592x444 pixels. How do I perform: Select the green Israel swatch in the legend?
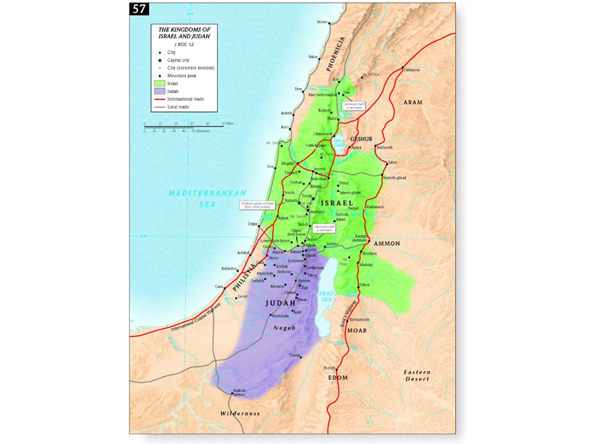click(159, 83)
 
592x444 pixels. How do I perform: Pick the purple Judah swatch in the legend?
click(159, 91)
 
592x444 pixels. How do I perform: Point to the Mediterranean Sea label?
click(208, 198)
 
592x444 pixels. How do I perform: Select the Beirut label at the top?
click(321, 22)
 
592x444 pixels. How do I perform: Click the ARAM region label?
click(413, 102)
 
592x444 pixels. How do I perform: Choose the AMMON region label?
click(387, 244)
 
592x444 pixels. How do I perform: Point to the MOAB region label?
click(356, 331)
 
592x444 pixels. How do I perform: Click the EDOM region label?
click(338, 377)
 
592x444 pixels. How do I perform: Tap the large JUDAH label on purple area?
click(281, 303)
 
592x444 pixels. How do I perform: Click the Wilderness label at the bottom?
click(241, 413)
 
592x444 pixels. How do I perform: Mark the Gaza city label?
click(218, 287)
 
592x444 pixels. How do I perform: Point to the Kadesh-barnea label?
click(240, 392)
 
